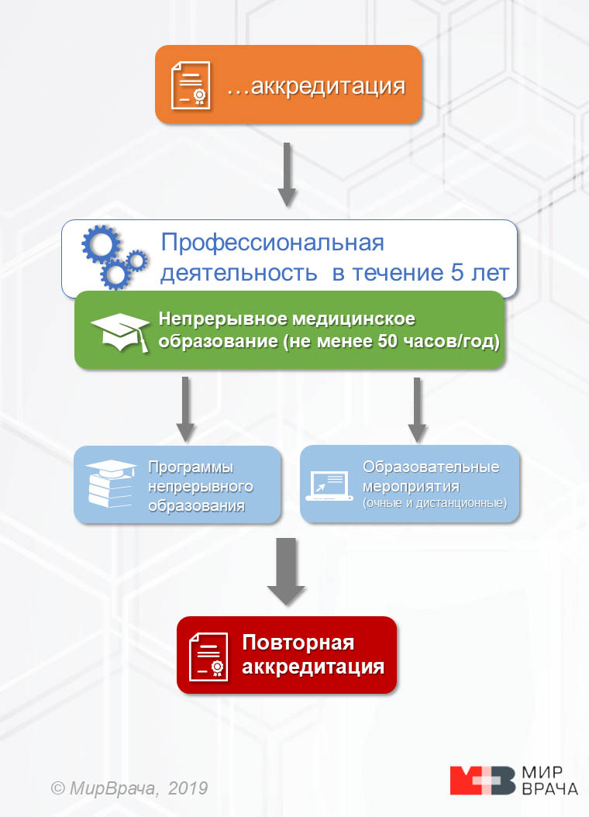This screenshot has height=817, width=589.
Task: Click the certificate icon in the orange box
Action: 191,84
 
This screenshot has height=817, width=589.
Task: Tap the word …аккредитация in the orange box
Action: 316,86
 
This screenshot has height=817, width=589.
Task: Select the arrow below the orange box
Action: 288,174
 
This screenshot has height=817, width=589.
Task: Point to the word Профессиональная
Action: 272,243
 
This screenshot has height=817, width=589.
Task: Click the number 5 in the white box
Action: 457,274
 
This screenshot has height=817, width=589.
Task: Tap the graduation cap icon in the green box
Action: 120,331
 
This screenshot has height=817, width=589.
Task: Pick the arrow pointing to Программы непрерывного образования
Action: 184,408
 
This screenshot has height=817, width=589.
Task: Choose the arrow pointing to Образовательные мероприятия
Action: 416,408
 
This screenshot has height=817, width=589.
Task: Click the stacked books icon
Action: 111,485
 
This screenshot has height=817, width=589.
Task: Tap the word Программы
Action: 191,468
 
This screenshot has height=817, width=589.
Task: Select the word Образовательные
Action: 431,468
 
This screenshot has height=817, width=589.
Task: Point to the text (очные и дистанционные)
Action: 434,504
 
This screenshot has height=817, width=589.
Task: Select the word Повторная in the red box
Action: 298,643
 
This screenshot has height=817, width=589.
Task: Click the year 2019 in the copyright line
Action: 188,788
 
